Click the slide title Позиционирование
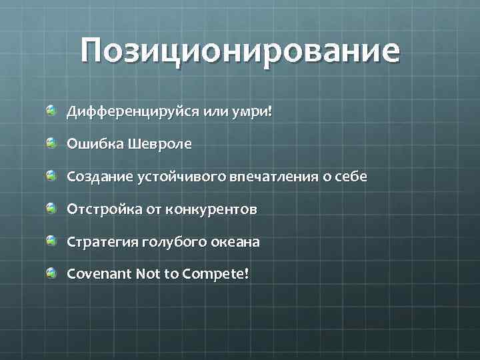[240, 51]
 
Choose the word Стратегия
[101, 242]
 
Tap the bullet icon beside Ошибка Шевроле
[51, 143]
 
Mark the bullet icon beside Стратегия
[51, 241]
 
